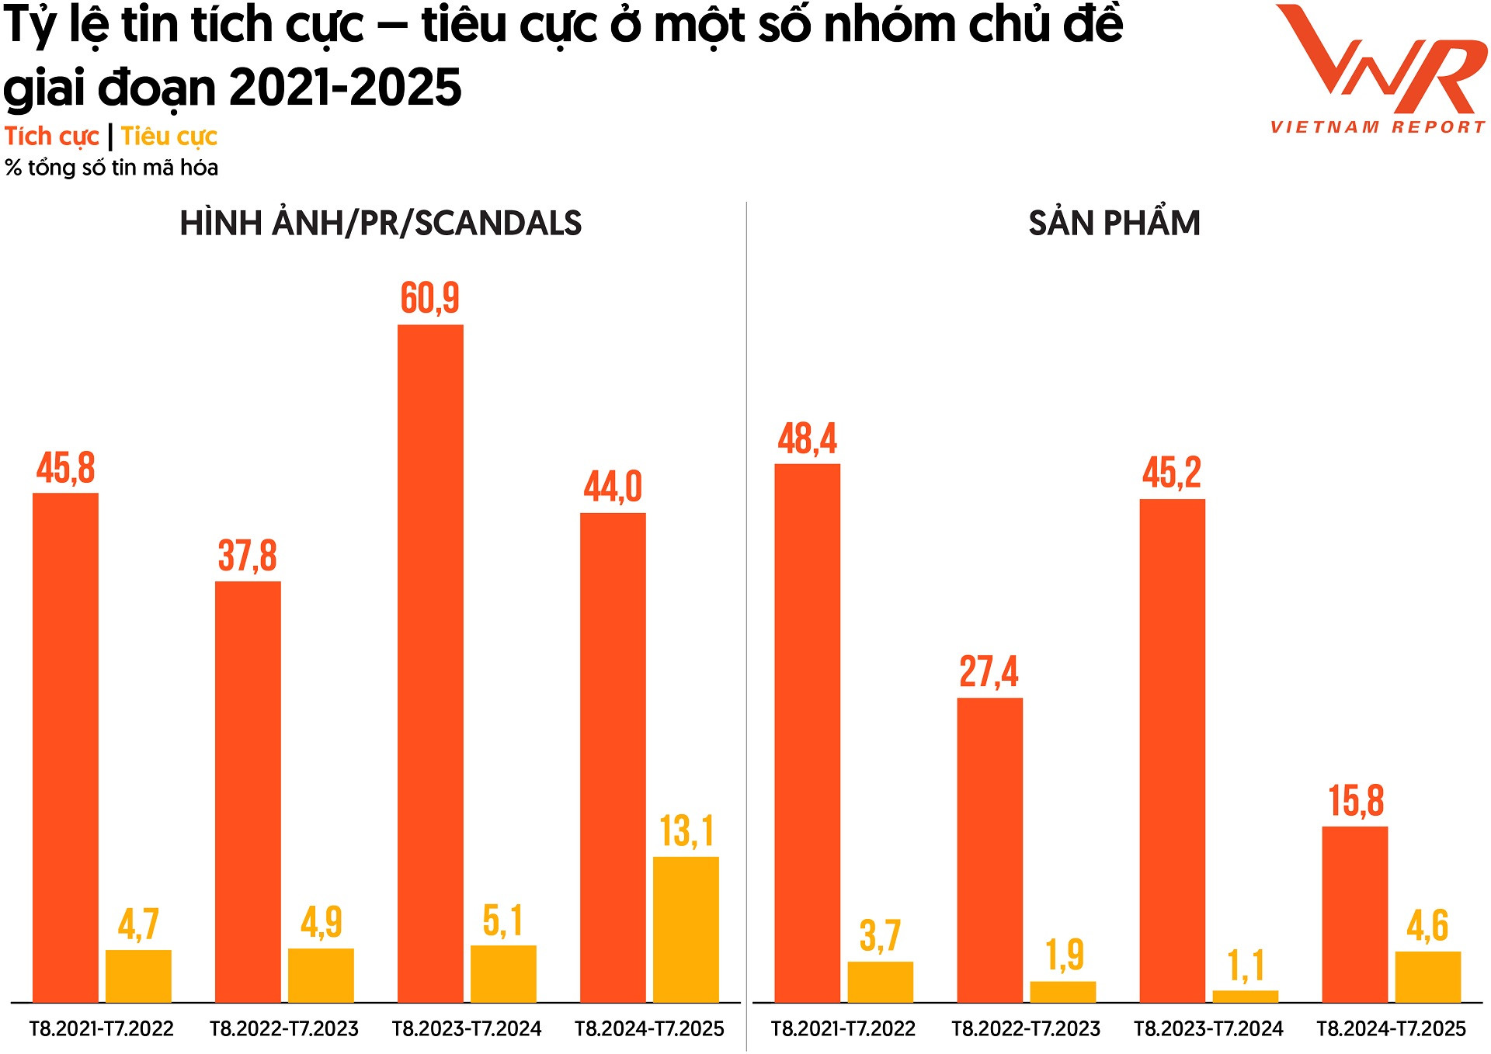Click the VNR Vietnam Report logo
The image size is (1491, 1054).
pos(1379,70)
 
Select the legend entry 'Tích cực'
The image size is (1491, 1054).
pos(51,137)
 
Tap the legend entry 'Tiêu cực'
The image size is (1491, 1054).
pos(169,137)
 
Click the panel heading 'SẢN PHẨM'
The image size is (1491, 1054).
pos(1114,224)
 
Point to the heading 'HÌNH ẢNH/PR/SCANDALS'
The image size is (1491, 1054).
pos(381,224)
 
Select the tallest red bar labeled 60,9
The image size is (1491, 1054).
pos(430,664)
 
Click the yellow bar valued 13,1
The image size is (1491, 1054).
pos(686,929)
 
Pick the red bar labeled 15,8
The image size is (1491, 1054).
pos(1354,914)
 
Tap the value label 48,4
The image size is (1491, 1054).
pos(807,439)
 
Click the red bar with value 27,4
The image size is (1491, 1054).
pos(989,850)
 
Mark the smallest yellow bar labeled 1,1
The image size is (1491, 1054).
pos(1245,997)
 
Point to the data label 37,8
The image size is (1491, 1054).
pos(247,556)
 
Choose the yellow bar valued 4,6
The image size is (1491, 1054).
pos(1427,976)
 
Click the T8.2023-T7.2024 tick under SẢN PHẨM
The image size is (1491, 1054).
pos(1208,1029)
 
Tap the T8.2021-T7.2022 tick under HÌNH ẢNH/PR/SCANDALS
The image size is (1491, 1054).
pos(102,1029)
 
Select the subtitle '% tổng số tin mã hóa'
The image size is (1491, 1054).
pos(111,168)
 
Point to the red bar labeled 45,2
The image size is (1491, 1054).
pos(1172,751)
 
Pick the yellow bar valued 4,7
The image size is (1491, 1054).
pos(138,976)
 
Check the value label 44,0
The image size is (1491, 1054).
pos(613,487)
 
